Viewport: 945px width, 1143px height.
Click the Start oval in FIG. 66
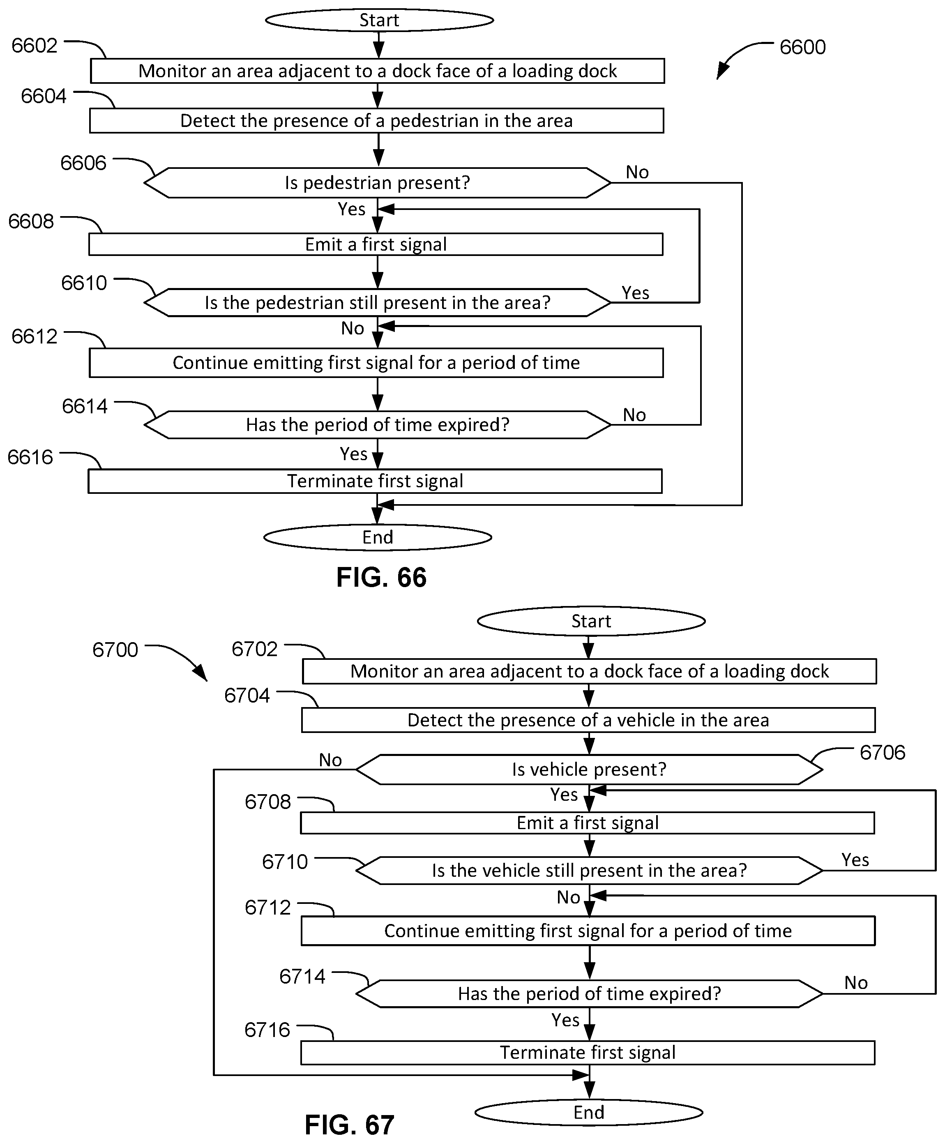379,20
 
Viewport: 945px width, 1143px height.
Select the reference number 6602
34,46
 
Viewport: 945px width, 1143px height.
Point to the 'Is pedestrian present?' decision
377,183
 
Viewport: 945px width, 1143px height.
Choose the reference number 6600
802,47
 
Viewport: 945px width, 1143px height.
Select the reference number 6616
30,457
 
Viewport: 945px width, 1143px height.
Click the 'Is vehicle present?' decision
589,769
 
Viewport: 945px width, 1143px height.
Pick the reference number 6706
882,752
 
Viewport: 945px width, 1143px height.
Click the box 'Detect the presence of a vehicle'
588,720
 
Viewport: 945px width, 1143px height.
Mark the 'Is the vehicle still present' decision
589,870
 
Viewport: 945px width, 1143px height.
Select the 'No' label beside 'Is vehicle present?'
330,760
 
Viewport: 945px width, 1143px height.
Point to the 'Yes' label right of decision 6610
635,293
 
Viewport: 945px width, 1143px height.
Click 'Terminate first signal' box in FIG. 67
588,1053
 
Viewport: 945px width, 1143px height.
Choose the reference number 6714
302,977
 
